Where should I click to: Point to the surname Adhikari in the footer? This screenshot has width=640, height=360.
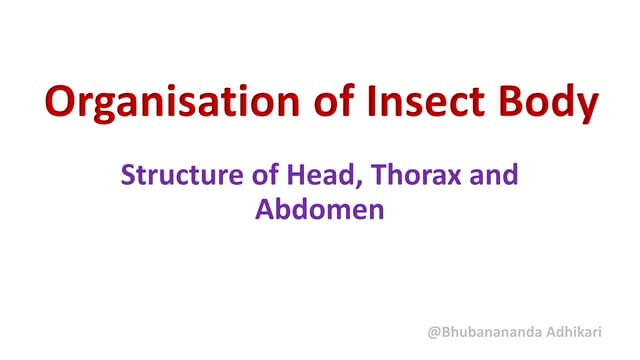coord(585,332)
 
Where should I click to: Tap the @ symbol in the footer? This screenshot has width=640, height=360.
coord(434,332)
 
